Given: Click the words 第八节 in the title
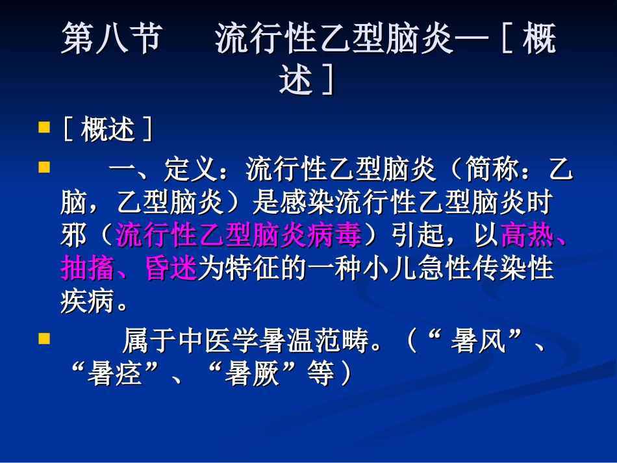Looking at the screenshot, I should [110, 41].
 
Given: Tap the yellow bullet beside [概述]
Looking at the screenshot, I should [44, 126].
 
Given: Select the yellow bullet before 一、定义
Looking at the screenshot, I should [44, 167].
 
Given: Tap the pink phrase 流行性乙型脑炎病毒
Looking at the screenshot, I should [238, 236].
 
